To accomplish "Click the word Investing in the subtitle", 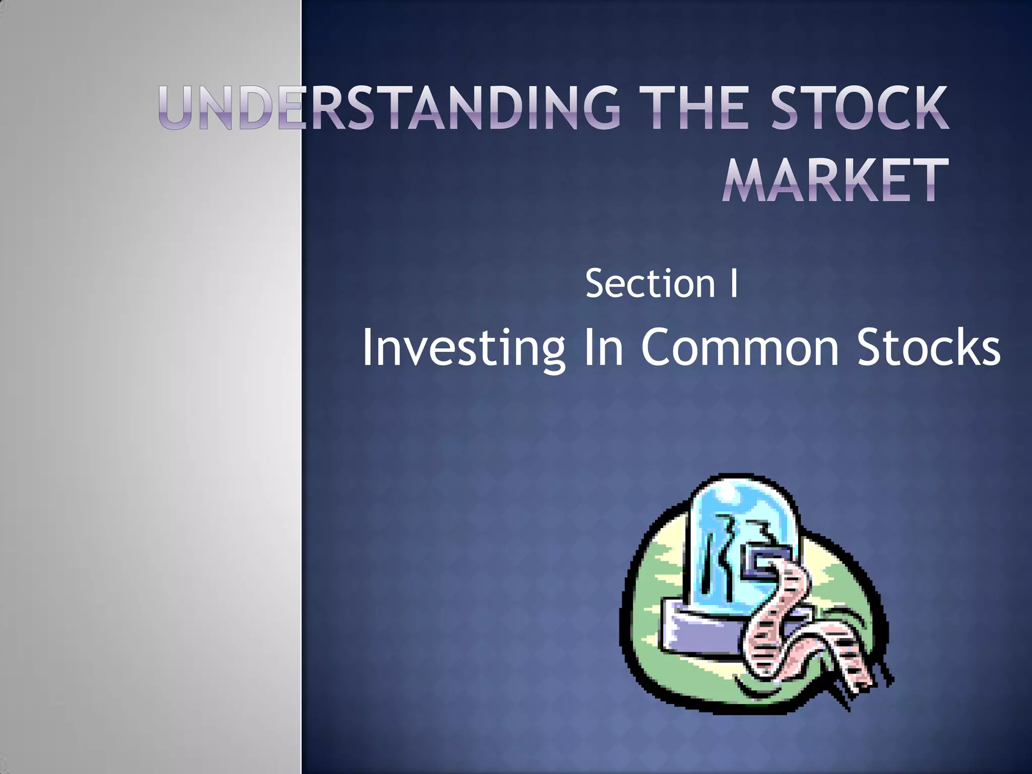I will point(463,348).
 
